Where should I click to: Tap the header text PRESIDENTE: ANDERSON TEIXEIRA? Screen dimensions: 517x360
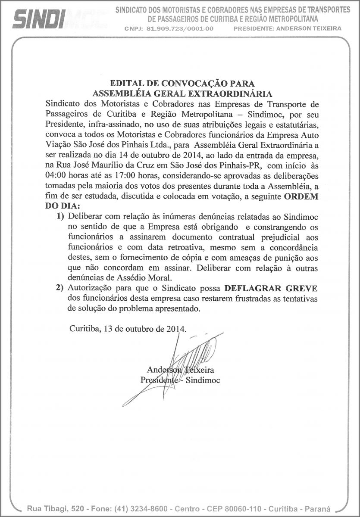coord(287,28)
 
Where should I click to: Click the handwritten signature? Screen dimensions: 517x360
coord(181,366)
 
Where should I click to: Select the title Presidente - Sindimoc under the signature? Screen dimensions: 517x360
coord(180,380)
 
